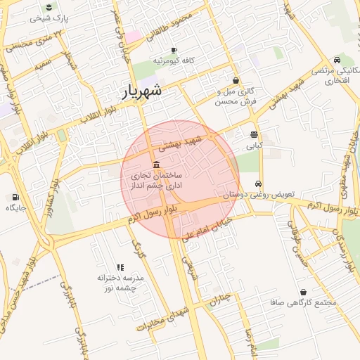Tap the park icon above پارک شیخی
pyautogui.click(x=49, y=8)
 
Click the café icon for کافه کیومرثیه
pyautogui.click(x=174, y=51)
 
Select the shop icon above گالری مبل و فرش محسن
pyautogui.click(x=235, y=80)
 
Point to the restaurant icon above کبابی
pyautogui.click(x=254, y=134)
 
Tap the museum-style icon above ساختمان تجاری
pyautogui.click(x=155, y=164)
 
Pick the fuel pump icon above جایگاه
pyautogui.click(x=16, y=197)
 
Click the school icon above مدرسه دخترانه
pyautogui.click(x=120, y=267)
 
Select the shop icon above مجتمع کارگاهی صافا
pyautogui.click(x=303, y=292)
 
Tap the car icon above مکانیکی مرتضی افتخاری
pyautogui.click(x=338, y=60)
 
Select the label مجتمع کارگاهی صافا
pyautogui.click(x=304, y=302)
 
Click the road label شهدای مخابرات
pyautogui.click(x=165, y=318)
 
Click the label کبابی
pyautogui.click(x=254, y=147)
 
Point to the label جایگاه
pyautogui.click(x=16, y=208)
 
